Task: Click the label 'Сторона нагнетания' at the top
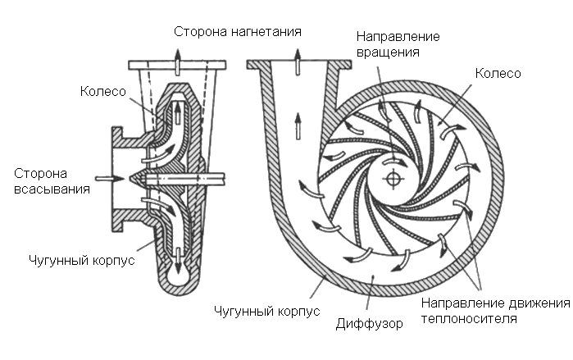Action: tap(238, 33)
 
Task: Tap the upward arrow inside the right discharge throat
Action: tap(297, 125)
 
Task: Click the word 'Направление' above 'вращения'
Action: tap(399, 37)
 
